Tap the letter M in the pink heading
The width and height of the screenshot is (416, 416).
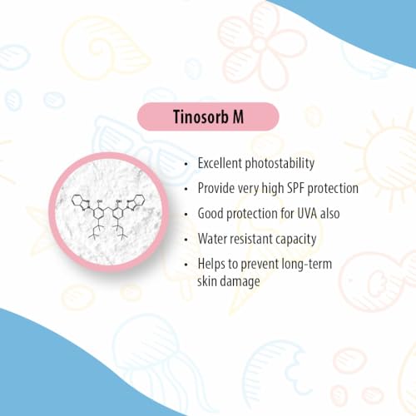(238, 116)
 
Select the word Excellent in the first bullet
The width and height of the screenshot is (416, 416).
(220, 163)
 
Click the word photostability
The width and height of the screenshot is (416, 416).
(280, 164)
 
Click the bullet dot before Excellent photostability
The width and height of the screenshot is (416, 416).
(186, 164)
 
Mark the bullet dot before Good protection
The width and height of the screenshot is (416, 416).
(186, 215)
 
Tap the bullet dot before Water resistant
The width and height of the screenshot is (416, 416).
(186, 240)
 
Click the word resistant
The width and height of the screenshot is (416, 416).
(249, 239)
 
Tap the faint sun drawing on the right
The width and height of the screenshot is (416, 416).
(389, 156)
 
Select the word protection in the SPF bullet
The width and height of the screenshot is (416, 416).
(333, 189)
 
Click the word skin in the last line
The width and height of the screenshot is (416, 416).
(206, 280)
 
